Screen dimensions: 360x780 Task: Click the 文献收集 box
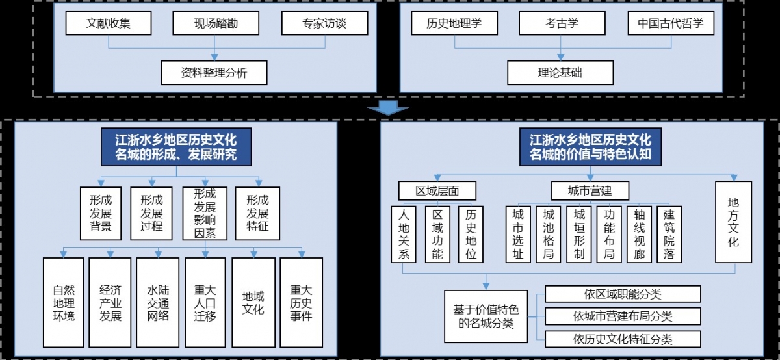pyautogui.click(x=109, y=24)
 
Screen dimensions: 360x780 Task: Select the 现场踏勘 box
pyautogui.click(x=216, y=24)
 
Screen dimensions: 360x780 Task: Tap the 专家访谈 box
pyautogui.click(x=324, y=24)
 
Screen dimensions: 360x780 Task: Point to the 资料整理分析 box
pyautogui.click(x=214, y=73)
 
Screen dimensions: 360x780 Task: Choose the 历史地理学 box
pyautogui.click(x=454, y=24)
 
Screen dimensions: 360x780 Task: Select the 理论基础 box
pyautogui.click(x=560, y=73)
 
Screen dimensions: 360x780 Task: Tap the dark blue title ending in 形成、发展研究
pyautogui.click(x=175, y=148)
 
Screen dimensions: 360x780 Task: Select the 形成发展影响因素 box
pyautogui.click(x=205, y=214)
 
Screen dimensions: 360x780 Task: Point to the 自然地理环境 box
pyautogui.click(x=63, y=302)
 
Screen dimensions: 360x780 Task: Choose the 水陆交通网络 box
pyautogui.click(x=157, y=302)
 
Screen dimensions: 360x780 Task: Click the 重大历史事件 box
pyautogui.click(x=301, y=302)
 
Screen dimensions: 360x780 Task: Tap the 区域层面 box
pyautogui.click(x=437, y=190)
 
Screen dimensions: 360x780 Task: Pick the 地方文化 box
pyautogui.click(x=733, y=222)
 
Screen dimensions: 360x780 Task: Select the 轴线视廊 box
pyautogui.click(x=638, y=234)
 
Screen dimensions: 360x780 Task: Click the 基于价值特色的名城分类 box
pyautogui.click(x=486, y=315)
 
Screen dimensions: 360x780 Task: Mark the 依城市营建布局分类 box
pyautogui.click(x=623, y=316)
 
